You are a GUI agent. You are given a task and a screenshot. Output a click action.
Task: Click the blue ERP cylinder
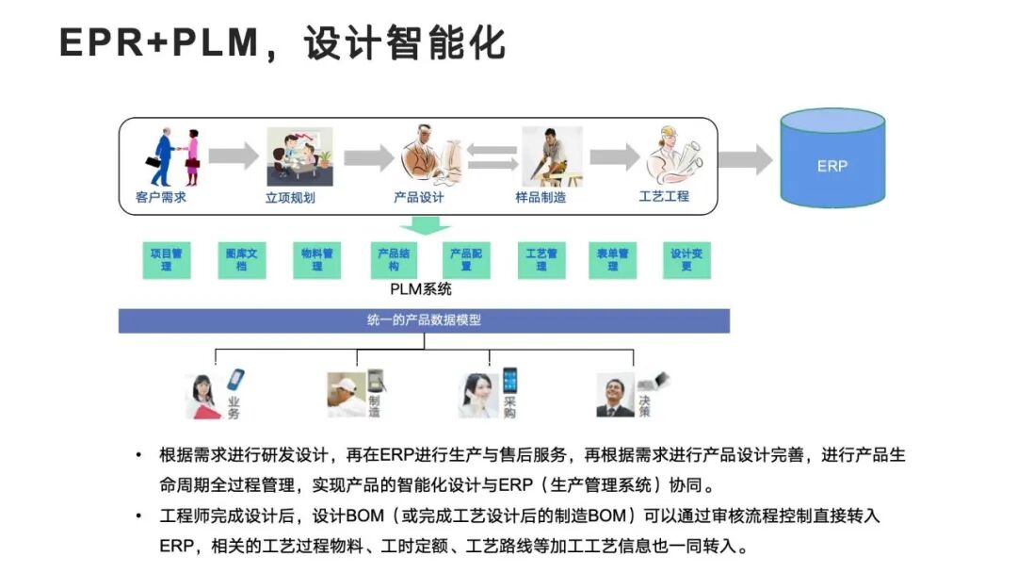[832, 160]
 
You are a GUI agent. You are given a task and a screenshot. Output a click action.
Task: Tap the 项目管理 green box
[166, 259]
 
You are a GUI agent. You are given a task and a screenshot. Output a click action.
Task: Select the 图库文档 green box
[242, 259]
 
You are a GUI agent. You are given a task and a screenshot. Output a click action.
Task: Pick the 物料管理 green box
[316, 259]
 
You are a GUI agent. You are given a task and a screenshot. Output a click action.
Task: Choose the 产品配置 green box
[466, 259]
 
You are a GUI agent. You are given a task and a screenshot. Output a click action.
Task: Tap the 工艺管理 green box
[541, 259]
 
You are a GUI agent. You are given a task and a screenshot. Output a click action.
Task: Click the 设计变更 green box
[686, 259]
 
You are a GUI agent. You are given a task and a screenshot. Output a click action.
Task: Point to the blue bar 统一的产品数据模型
[424, 320]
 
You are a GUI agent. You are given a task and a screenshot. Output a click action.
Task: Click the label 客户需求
[154, 198]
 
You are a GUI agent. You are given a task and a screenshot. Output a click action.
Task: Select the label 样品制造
[541, 198]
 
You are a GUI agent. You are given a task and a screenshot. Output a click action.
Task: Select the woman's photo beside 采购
[479, 396]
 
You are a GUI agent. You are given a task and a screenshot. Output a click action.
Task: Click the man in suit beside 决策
[615, 396]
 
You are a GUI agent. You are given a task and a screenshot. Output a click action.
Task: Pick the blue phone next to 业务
[235, 381]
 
